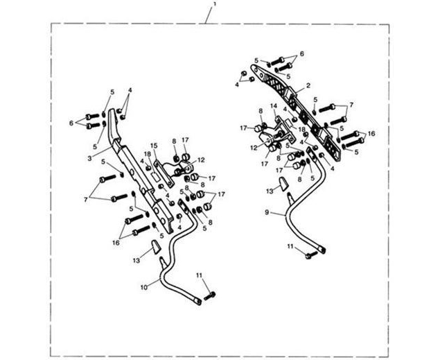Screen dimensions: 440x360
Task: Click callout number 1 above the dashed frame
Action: pos(214,4)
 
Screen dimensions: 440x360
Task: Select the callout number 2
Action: pos(308,85)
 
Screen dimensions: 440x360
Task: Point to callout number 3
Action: pos(89,158)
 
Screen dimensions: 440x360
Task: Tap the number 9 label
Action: pos(267,212)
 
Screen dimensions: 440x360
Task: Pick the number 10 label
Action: pos(144,287)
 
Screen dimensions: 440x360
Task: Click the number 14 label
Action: pos(274,105)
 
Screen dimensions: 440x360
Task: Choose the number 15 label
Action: pos(154,146)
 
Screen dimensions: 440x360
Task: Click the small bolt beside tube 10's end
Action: pos(209,295)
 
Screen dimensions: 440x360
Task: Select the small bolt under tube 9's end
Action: pos(310,255)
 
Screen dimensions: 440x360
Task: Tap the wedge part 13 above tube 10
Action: pos(155,247)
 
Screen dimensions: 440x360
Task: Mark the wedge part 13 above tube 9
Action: pos(283,184)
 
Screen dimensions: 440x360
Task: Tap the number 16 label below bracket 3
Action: pos(116,243)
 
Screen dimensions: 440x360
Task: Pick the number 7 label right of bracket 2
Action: pos(351,105)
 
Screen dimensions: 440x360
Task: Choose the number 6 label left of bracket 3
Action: pos(71,123)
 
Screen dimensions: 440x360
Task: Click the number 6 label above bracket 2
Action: pos(301,53)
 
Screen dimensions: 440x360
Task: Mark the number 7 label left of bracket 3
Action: pos(86,199)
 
